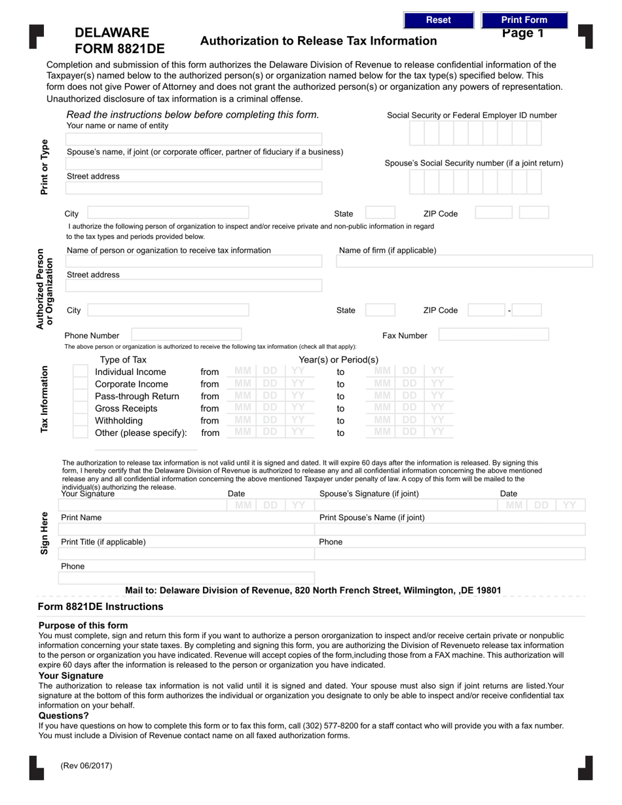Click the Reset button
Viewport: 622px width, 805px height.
[438, 20]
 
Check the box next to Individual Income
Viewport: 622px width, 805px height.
[80, 372]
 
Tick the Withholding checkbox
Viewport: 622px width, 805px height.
[80, 421]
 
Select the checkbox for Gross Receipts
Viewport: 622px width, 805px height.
[80, 408]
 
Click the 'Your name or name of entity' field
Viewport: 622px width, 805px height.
[194, 139]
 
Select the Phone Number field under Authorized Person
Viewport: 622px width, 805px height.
[187, 335]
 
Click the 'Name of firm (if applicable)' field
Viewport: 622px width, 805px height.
[464, 262]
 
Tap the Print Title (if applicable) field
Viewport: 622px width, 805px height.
[187, 554]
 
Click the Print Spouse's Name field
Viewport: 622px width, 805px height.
[450, 529]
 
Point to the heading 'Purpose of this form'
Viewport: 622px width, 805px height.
[83, 625]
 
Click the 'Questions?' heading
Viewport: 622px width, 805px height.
[64, 715]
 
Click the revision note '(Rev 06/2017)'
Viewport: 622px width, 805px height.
[86, 765]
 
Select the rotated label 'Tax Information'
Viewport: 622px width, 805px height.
[45, 399]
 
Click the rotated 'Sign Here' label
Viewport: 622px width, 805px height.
[45, 533]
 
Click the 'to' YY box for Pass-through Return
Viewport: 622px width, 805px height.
[437, 396]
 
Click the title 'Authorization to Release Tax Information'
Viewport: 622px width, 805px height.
[318, 41]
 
